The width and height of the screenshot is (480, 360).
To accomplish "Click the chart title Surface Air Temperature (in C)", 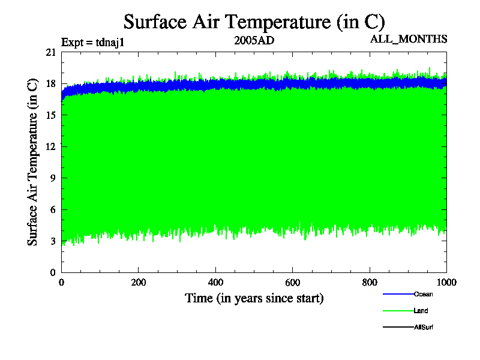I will (253, 22).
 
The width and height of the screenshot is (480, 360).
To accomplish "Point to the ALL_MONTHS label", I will (409, 39).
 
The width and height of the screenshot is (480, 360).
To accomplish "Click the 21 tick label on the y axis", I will (50, 53).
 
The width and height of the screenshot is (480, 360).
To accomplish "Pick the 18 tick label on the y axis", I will (50, 84).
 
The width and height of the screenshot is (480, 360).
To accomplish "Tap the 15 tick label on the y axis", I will (50, 116).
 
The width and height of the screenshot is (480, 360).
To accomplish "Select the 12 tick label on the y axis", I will (50, 147).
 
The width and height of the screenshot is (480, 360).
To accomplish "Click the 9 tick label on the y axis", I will (53, 178).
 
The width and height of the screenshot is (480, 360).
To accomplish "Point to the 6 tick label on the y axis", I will (53, 210).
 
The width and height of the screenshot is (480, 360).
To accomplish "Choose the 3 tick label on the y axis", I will (53, 241).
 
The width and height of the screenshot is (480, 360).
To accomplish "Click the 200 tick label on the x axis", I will (139, 283).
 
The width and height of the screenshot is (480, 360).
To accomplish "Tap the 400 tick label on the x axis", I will (215, 283).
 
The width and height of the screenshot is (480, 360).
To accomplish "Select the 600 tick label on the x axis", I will (292, 283).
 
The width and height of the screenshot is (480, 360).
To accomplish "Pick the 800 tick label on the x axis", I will (370, 283).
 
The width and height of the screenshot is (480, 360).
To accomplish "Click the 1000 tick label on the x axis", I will (445, 283).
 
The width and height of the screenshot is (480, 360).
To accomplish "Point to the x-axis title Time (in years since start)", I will (254, 298).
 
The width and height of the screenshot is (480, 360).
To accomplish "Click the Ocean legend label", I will (423, 294).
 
